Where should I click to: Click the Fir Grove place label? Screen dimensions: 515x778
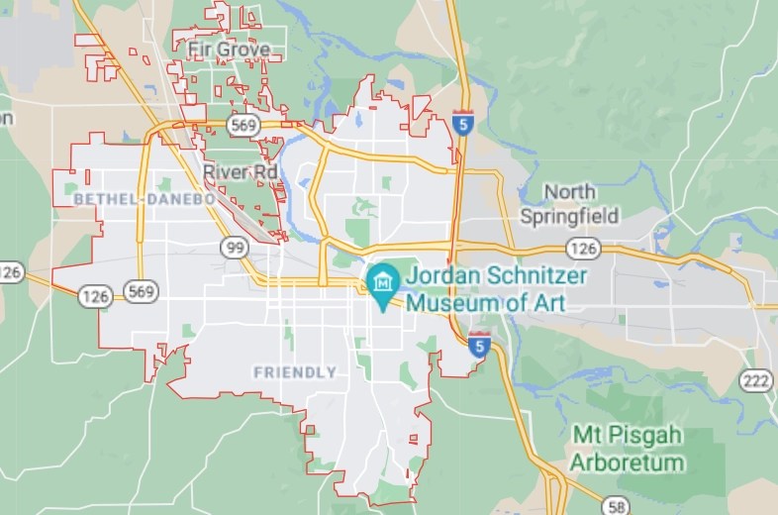228,49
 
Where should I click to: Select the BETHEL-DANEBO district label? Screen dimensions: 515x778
144,200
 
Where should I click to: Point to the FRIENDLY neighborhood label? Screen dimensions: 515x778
295,372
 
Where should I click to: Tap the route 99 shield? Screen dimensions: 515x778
235,248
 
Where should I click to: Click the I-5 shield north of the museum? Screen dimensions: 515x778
462,123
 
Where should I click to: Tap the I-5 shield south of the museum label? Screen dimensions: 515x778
479,345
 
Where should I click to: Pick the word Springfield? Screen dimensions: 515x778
570,216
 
